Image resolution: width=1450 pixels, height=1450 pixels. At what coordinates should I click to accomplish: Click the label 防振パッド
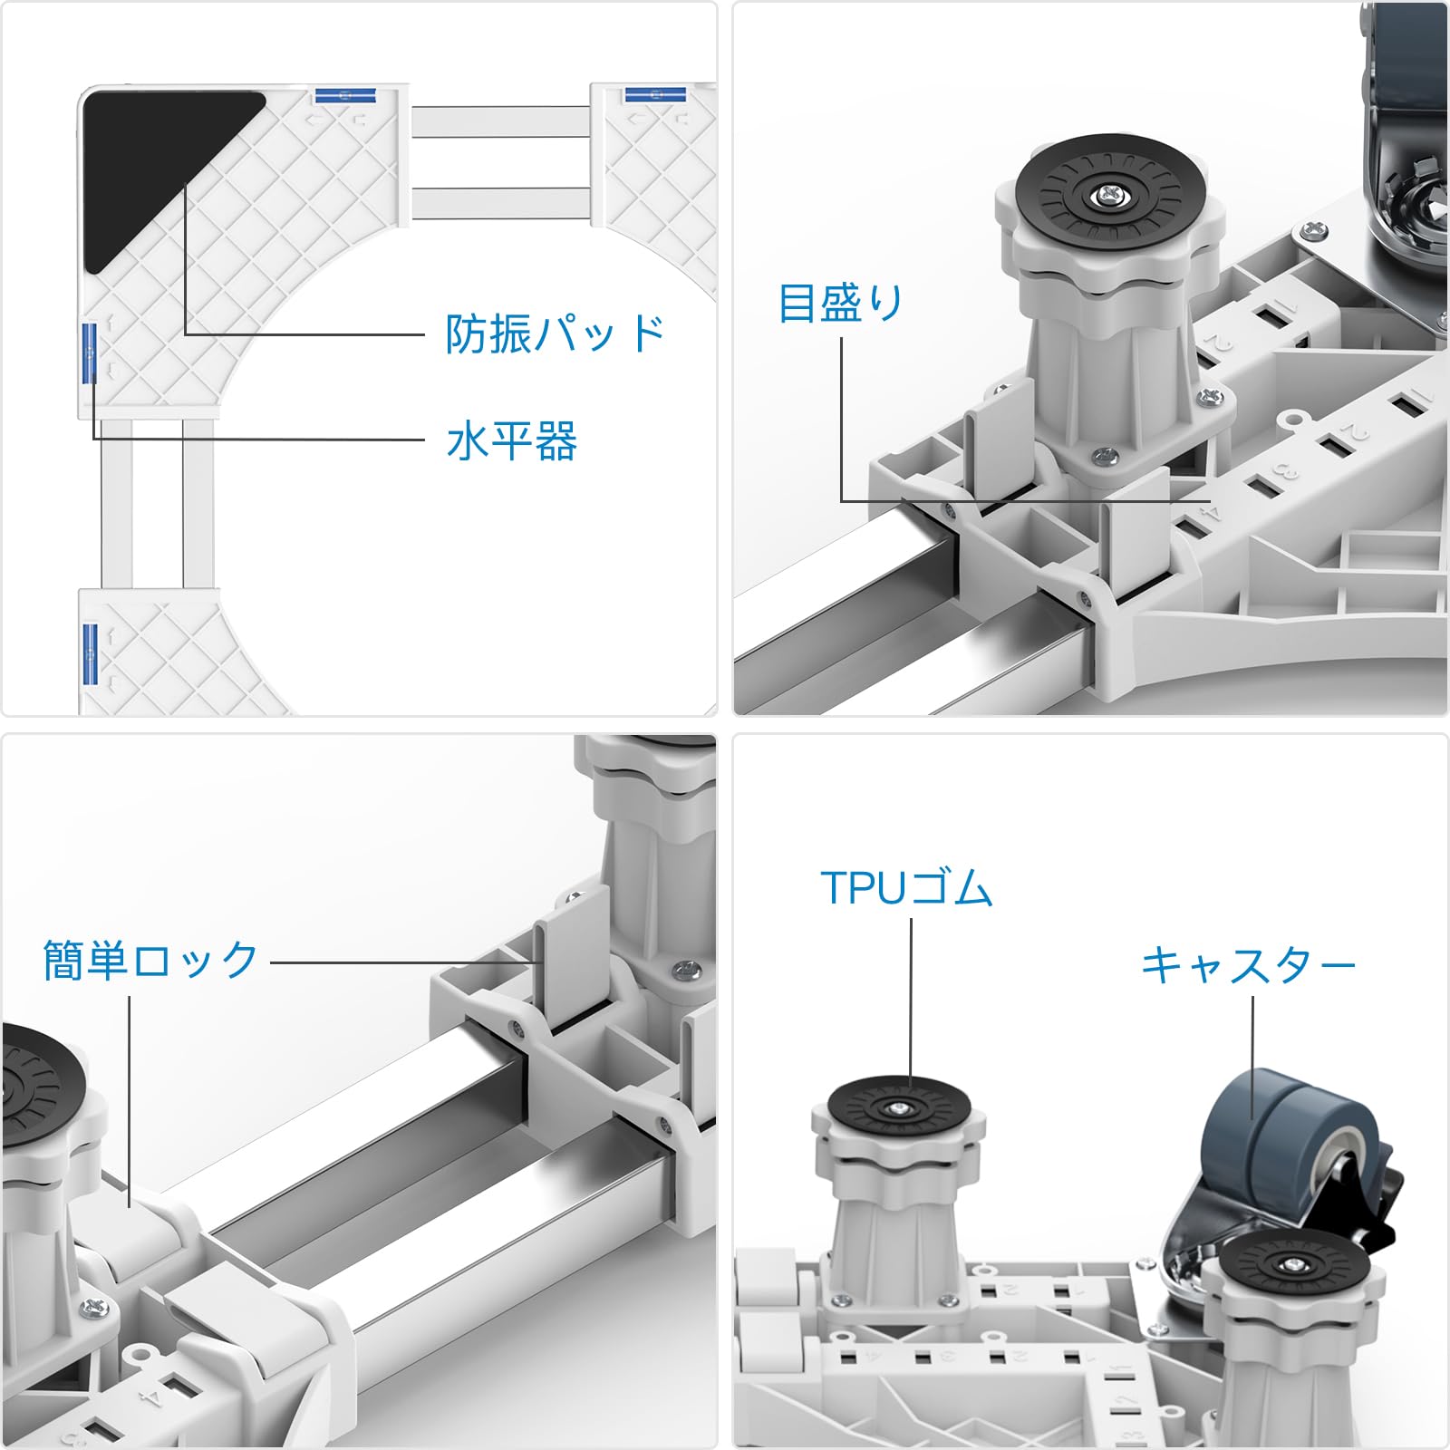coord(555,333)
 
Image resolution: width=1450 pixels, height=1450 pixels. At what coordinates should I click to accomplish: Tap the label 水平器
coord(512,441)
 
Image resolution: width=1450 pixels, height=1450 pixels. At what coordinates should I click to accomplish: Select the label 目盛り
coord(840,303)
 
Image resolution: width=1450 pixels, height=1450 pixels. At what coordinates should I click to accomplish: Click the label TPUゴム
coord(906,888)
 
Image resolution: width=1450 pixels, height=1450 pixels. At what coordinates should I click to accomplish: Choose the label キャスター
coord(1248,965)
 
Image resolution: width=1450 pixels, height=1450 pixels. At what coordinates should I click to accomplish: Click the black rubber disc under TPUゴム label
coord(898,1108)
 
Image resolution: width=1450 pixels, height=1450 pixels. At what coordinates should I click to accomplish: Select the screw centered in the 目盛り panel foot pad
coord(1107,193)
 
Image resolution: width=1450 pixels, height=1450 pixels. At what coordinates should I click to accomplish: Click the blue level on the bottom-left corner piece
coord(89,652)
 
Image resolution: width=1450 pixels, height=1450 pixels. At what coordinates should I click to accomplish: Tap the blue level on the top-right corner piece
coord(654,94)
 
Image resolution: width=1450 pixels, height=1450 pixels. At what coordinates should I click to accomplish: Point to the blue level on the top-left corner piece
coord(344,93)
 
